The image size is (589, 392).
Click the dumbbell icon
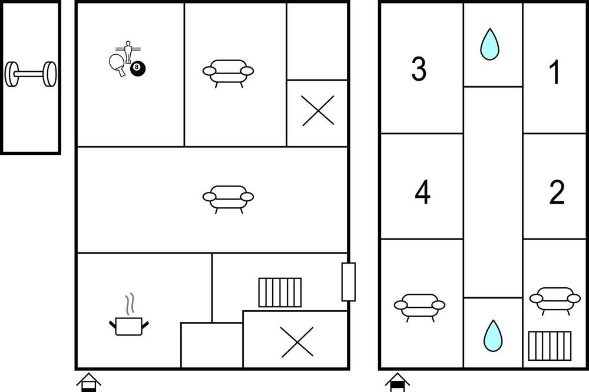[x=31, y=74]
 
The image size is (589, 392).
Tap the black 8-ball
[x=137, y=68]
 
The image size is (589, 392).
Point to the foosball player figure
[x=128, y=51]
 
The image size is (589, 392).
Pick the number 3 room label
[x=419, y=69]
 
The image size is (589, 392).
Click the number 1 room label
[x=554, y=72]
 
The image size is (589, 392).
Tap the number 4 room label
[x=422, y=192]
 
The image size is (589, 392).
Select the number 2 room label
[x=557, y=192]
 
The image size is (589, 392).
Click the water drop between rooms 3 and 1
[x=490, y=45]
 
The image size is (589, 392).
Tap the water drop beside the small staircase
[x=493, y=336]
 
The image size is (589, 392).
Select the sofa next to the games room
[x=229, y=74]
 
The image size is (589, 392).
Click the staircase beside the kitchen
[x=280, y=293]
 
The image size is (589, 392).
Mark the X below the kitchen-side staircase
[x=297, y=342]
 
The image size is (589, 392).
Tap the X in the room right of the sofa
[x=318, y=111]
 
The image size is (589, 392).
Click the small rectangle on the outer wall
[x=349, y=282]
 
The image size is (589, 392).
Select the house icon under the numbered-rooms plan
[x=398, y=383]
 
